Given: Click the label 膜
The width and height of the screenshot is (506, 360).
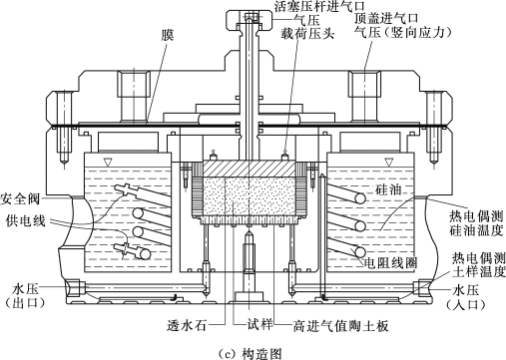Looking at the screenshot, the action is click(x=168, y=35).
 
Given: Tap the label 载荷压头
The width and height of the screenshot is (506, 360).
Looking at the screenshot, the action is click(x=307, y=33).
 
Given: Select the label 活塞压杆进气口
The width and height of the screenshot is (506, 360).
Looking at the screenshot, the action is click(x=319, y=6).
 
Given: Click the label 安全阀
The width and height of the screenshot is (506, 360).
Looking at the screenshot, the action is click(x=20, y=198).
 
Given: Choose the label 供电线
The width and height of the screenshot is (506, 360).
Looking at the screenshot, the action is click(x=26, y=220).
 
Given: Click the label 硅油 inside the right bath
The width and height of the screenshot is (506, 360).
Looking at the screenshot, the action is click(x=388, y=190).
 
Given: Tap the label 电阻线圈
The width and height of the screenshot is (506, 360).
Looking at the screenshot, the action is click(x=390, y=263).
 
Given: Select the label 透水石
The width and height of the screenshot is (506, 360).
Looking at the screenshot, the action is click(x=187, y=325).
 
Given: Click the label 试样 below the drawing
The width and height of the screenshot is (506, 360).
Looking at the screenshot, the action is click(x=259, y=324).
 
